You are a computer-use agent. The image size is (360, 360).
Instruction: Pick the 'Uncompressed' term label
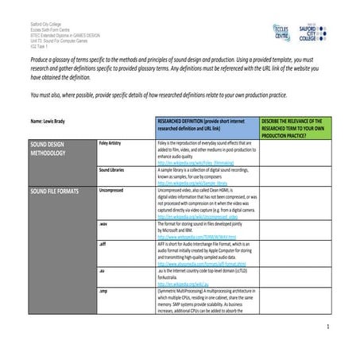112,191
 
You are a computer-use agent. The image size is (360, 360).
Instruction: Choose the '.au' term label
103,270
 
